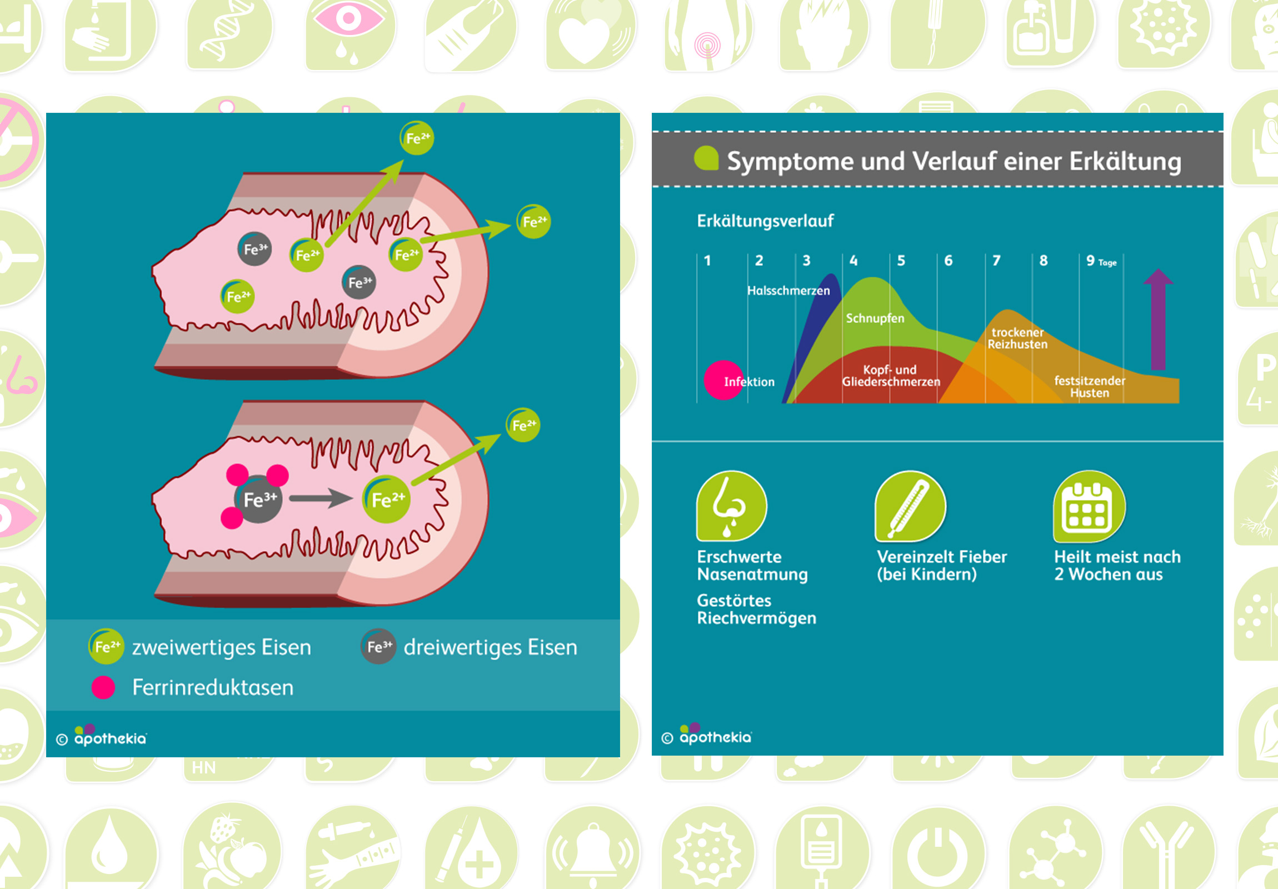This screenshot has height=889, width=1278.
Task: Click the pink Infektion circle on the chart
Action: click(723, 380)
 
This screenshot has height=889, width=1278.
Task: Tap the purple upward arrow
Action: click(1158, 319)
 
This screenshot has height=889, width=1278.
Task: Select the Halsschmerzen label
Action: click(788, 291)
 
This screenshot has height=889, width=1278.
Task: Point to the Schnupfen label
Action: click(875, 318)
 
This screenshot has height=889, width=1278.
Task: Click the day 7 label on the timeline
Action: click(996, 261)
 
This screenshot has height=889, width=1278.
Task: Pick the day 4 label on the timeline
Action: click(853, 261)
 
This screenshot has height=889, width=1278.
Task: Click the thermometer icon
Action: click(910, 506)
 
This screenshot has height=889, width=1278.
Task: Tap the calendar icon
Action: click(1089, 506)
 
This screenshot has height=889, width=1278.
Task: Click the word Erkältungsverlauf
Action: click(765, 221)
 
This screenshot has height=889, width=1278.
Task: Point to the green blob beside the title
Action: click(706, 158)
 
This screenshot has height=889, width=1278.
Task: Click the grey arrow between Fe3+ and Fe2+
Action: click(321, 498)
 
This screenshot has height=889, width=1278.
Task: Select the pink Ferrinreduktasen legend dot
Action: click(103, 687)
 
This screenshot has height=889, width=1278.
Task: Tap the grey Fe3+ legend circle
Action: click(378, 647)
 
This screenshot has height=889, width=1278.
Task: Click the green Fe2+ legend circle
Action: click(106, 646)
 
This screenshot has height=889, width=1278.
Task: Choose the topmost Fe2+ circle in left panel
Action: click(417, 138)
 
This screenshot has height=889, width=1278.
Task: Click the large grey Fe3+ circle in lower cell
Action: click(259, 499)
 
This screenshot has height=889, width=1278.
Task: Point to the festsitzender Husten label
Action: click(1089, 387)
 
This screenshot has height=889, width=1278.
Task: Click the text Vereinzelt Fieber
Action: click(942, 557)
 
